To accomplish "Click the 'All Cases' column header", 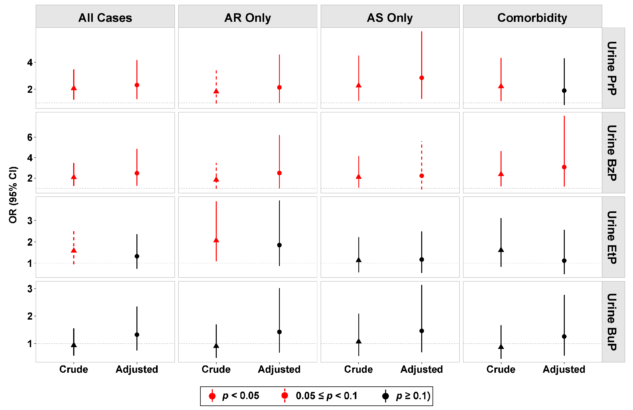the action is tap(105, 18).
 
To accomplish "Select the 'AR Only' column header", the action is tap(248, 18).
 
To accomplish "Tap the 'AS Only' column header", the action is tap(390, 18).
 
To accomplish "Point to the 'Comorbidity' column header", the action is tap(532, 18).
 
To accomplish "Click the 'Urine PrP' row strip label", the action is tap(612, 68).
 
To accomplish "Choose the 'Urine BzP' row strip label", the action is tap(612, 153).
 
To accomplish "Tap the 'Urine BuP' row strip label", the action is tap(612, 322).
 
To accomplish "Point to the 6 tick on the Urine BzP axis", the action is tap(30, 137).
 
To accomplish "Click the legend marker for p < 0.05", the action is tap(212, 396).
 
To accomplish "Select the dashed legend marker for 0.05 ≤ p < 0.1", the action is tap(285, 396).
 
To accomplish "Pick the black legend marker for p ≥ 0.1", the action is tap(385, 396).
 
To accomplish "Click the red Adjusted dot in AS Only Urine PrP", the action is tap(422, 78).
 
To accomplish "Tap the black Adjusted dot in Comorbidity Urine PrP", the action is tap(564, 91).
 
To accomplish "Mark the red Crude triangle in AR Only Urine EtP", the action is tap(216, 240).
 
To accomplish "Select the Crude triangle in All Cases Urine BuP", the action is tap(74, 345).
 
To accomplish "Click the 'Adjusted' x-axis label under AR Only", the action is tap(279, 369).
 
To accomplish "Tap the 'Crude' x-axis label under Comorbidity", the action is tap(501, 369).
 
